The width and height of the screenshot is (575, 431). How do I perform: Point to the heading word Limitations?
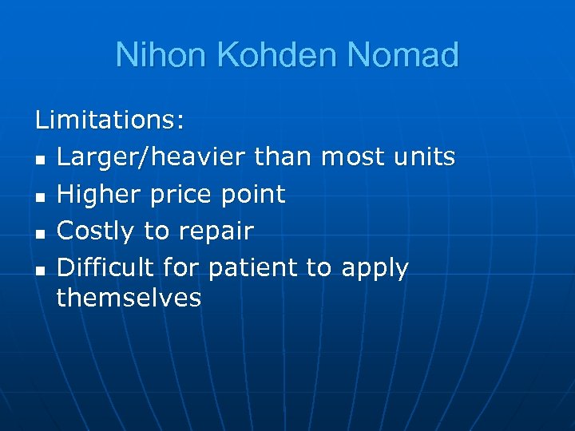tap(109, 121)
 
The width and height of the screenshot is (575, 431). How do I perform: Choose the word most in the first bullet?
tap(351, 157)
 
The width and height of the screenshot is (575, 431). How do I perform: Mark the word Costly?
tap(97, 231)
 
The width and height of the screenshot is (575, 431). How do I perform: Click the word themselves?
tap(129, 298)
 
